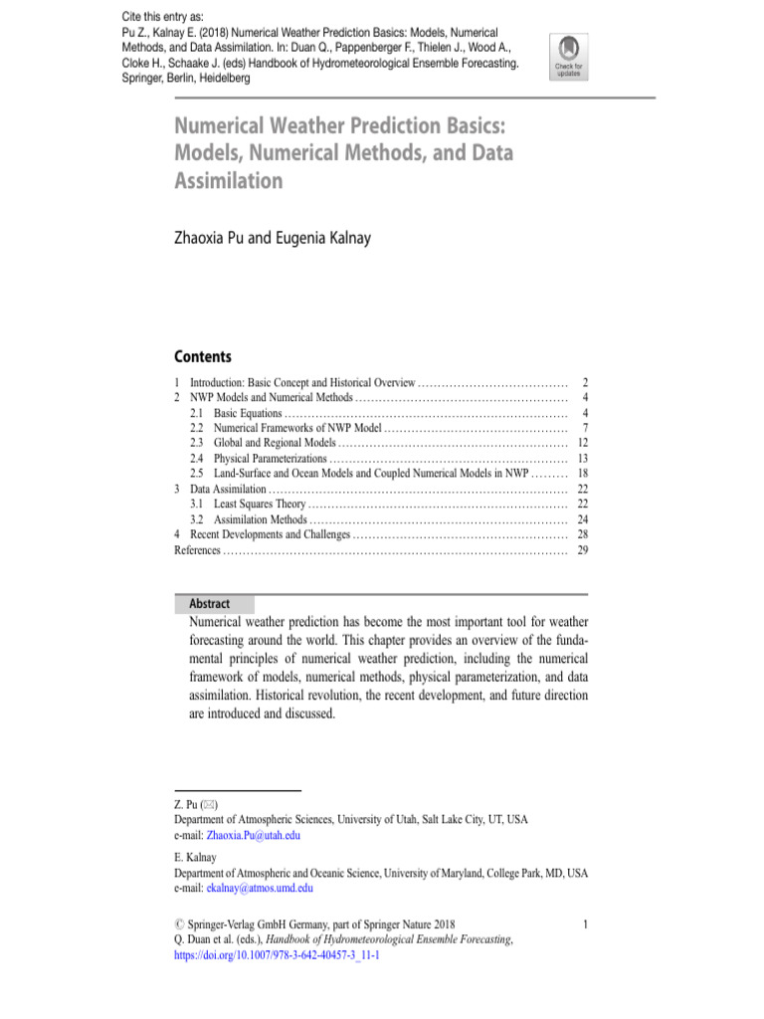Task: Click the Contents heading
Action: [x=203, y=356]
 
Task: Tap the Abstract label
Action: [x=209, y=604]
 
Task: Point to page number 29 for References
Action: [x=583, y=549]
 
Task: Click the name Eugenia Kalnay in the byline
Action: [x=314, y=239]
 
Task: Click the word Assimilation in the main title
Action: [x=229, y=181]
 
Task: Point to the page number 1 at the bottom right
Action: [x=586, y=924]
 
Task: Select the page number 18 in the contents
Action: [x=583, y=474]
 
